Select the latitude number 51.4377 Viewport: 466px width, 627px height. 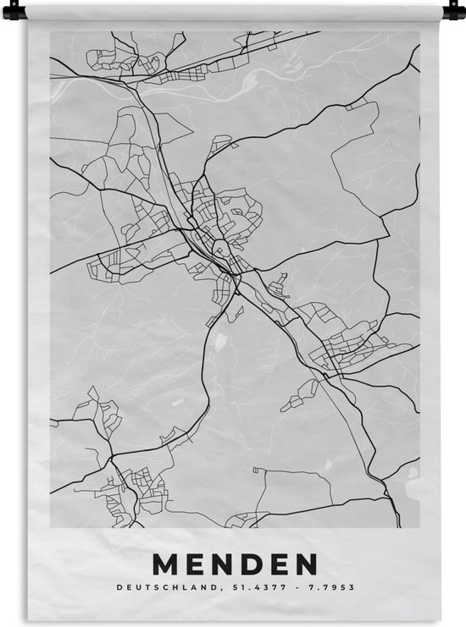point(256,586)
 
